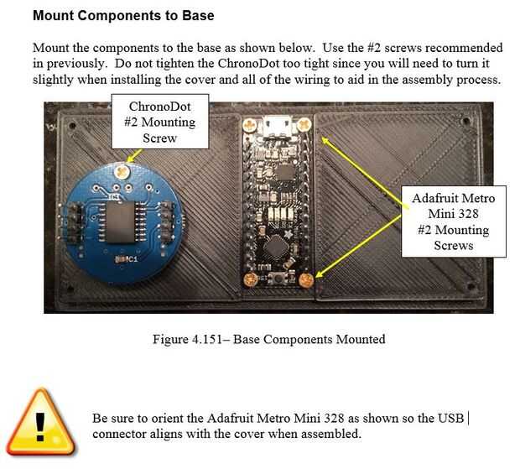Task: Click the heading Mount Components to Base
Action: (123, 16)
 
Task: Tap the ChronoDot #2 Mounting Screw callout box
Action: (160, 122)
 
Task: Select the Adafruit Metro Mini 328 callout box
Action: (454, 221)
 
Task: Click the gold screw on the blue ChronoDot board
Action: (122, 171)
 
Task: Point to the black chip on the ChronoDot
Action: (120, 221)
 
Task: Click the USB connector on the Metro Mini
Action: (277, 126)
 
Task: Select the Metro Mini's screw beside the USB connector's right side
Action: (304, 124)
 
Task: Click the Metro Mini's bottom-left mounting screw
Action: (251, 280)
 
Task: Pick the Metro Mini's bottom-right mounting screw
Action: (306, 280)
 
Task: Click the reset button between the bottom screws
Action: (278, 278)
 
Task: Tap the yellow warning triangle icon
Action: (40, 422)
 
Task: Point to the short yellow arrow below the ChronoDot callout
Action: (134, 155)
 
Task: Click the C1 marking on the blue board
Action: (127, 258)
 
